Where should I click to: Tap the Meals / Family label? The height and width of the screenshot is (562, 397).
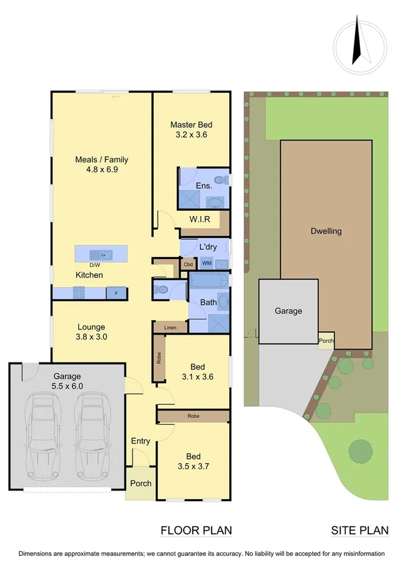coord(101,164)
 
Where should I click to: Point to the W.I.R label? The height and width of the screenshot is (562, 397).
coord(199,219)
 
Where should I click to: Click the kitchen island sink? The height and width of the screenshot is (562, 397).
coord(102,254)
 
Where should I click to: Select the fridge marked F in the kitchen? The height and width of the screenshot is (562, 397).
coord(117,292)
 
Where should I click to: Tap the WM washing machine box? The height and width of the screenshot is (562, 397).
coord(207,263)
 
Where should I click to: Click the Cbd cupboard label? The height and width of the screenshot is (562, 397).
coord(188,264)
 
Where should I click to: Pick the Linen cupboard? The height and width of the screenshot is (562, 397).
coord(170,327)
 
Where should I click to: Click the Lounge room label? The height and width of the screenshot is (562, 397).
coord(91,331)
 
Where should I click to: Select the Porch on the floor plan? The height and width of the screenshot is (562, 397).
coord(141,484)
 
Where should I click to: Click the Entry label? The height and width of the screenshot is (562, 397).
coord(141,441)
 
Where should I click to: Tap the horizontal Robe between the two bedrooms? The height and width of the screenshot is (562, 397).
coord(193,416)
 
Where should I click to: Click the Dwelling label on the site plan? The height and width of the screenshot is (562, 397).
coord(326,231)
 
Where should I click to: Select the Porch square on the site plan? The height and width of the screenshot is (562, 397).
coord(326,341)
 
